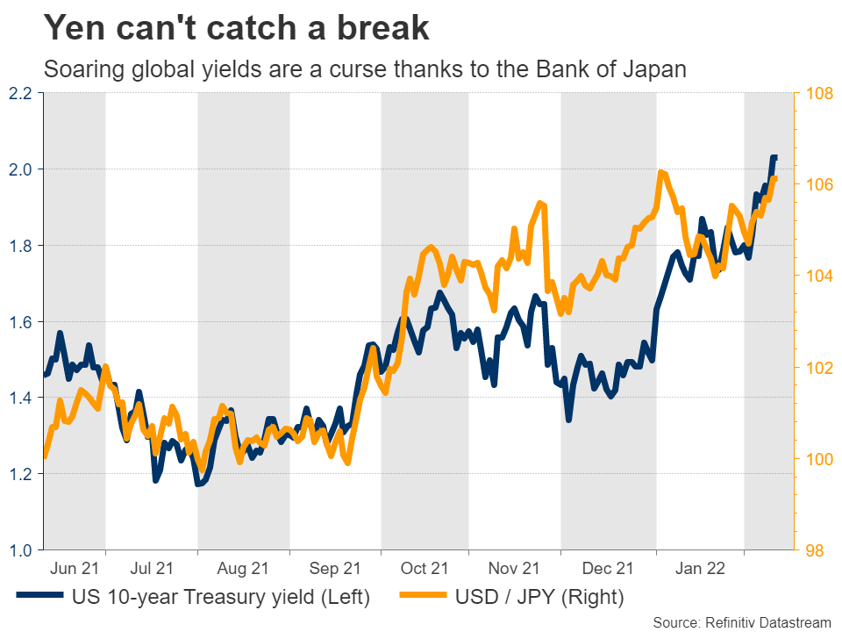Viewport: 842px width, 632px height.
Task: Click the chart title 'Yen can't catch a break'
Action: [237, 28]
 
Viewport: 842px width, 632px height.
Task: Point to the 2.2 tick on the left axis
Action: [20, 93]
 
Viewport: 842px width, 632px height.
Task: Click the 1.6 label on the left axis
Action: [20, 322]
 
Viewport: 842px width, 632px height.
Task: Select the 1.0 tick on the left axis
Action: [20, 550]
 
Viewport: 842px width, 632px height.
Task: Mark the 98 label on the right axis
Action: [813, 550]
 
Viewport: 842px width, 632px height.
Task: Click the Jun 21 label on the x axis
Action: [75, 569]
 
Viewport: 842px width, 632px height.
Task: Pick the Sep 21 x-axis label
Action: [334, 569]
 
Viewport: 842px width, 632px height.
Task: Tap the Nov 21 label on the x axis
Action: [516, 569]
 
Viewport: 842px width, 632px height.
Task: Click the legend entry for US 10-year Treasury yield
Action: [219, 598]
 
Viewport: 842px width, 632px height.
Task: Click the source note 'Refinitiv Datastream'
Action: [767, 622]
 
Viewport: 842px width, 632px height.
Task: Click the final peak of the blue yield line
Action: [774, 157]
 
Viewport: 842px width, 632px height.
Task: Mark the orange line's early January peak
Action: [660, 173]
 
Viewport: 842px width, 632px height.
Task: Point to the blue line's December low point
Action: [568, 420]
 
